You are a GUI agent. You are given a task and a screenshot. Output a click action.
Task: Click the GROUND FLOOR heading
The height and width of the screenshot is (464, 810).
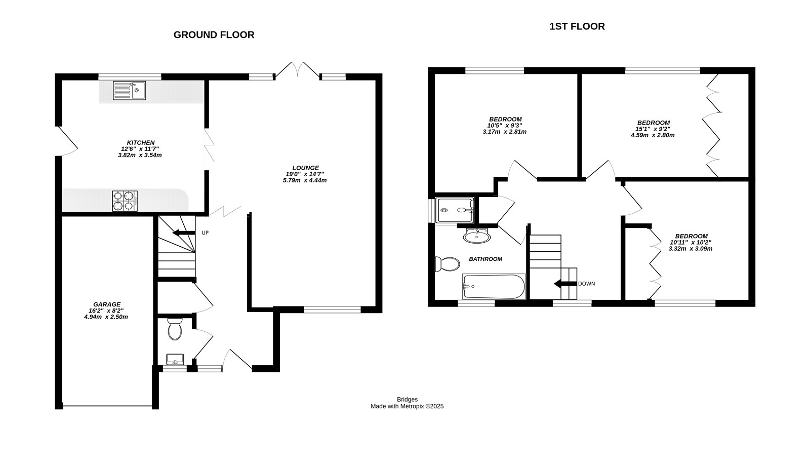click(214, 35)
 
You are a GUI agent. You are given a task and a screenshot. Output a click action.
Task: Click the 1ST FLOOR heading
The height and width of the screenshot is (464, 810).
click(577, 26)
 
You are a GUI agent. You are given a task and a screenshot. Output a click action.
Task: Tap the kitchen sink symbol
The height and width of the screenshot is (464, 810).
click(130, 91)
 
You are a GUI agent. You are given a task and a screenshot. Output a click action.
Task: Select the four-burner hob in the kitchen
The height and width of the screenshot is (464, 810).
click(125, 201)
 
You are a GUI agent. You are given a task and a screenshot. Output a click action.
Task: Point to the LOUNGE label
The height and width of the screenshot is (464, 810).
click(305, 168)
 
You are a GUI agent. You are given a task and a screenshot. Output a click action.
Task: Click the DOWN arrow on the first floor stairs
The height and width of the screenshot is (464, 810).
click(565, 284)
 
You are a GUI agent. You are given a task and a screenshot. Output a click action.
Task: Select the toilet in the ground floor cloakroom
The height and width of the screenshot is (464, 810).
click(175, 330)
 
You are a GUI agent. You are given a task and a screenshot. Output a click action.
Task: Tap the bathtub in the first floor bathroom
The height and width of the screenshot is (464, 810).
click(494, 287)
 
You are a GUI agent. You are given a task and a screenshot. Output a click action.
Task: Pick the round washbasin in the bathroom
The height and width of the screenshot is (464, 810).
click(476, 236)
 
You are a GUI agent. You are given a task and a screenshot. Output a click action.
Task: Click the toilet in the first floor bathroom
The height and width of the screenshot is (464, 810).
click(447, 264)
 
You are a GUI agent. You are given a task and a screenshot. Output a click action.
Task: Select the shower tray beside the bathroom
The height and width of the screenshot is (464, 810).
click(455, 210)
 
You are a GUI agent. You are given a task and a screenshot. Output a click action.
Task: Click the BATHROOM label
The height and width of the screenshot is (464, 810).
click(485, 259)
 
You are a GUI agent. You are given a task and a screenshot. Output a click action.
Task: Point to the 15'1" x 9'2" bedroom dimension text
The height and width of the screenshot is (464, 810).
click(653, 129)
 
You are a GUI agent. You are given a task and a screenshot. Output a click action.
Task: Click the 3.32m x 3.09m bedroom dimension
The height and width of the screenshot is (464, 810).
click(691, 249)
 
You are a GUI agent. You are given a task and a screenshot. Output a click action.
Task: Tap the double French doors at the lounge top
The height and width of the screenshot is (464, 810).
click(297, 71)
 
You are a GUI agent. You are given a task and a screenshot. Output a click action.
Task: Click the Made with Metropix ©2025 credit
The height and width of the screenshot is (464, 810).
click(407, 406)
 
